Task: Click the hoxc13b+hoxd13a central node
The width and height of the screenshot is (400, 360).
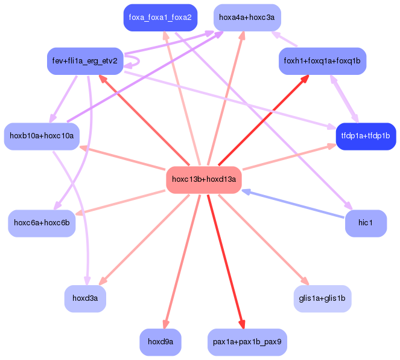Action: coord(204,179)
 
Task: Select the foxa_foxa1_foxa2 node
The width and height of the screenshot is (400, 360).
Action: coord(160,18)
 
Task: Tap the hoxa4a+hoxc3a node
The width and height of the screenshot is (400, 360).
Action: coord(246,18)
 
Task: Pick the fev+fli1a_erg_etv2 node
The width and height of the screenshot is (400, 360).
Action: coord(85,61)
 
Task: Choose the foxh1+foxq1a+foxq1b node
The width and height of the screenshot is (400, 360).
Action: coord(322,61)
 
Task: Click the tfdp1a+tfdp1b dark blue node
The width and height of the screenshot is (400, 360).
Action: coord(366,136)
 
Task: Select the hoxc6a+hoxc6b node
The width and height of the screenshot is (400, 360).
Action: coord(42,223)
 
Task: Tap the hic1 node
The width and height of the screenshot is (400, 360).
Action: coord(366,223)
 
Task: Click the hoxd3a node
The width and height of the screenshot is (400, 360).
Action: coord(85,298)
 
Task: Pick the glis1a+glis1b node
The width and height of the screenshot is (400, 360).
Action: coord(322,298)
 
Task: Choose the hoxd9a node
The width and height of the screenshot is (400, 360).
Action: coord(160,342)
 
